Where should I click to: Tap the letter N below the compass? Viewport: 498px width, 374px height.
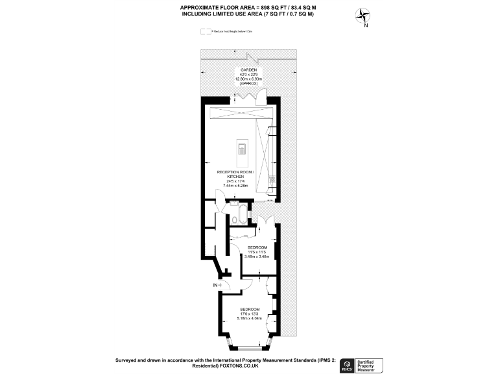366,26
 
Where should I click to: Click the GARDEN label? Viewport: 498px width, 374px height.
249,69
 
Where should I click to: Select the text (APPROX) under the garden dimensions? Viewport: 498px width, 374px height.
249,84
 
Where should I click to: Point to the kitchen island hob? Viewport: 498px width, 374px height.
242,151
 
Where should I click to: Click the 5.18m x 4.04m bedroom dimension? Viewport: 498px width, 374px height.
250,318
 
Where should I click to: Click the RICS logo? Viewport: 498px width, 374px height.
348,364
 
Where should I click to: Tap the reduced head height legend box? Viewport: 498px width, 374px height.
206,31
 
